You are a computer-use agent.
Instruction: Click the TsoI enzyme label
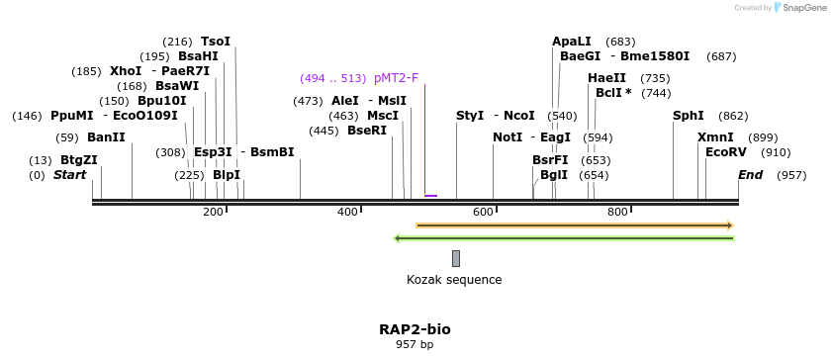tap(215, 42)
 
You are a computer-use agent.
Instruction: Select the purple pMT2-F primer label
tap(396, 78)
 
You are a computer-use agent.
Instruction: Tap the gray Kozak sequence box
tap(456, 258)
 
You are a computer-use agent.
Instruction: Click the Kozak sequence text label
tap(454, 280)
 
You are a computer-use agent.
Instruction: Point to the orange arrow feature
tap(574, 225)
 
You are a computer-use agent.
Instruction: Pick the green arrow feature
tap(564, 238)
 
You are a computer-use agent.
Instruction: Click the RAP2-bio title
tap(415, 329)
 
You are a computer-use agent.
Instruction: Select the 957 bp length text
tap(415, 345)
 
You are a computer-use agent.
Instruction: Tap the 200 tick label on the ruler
tap(213, 213)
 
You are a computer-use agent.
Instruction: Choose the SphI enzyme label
tap(688, 116)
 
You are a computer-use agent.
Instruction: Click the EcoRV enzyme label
tap(726, 152)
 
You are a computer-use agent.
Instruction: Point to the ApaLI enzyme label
tap(572, 42)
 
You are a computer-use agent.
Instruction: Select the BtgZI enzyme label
tap(79, 160)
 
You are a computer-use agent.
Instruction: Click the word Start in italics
tap(69, 175)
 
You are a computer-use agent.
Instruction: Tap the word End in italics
tap(750, 175)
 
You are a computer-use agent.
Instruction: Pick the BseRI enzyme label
tap(367, 131)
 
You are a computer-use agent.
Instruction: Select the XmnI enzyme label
tap(715, 137)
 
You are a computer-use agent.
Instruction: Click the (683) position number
tap(620, 42)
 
